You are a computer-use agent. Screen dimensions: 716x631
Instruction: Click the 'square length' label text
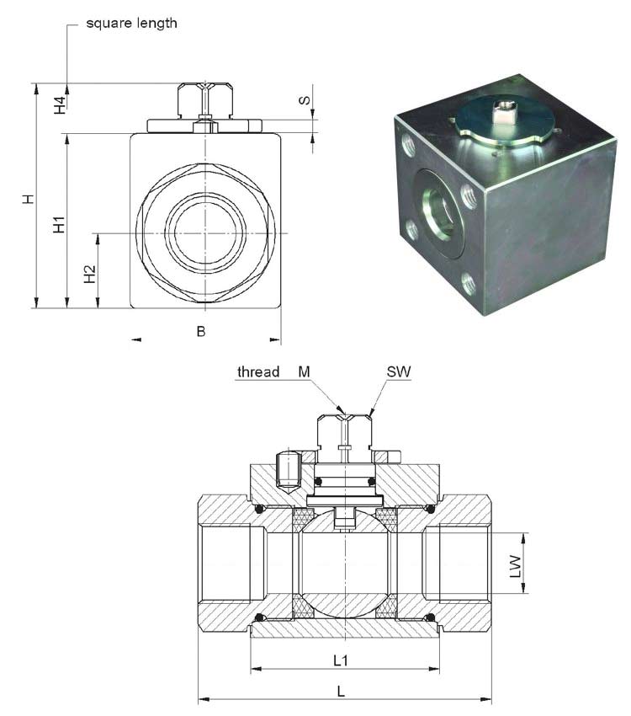tap(131, 23)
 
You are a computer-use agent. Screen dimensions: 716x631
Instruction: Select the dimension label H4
tap(60, 105)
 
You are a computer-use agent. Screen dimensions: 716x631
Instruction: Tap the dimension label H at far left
tap(28, 199)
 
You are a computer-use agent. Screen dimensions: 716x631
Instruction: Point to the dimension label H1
tap(59, 225)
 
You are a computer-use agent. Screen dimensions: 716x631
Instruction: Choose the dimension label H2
tap(90, 274)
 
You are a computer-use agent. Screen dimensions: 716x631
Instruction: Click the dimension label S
tap(305, 101)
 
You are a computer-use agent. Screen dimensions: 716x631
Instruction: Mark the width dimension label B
tap(201, 331)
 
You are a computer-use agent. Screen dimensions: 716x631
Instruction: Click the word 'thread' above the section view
tap(258, 371)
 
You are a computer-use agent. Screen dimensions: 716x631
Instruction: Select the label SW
tap(399, 371)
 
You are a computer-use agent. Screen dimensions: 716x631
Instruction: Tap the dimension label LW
tap(517, 564)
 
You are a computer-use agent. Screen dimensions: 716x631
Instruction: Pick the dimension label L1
tap(342, 660)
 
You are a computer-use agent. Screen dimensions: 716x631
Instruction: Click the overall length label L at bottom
tap(341, 691)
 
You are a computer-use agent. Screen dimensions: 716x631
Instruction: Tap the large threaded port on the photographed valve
tap(441, 211)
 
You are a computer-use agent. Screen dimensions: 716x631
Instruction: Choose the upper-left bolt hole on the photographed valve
tap(410, 148)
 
